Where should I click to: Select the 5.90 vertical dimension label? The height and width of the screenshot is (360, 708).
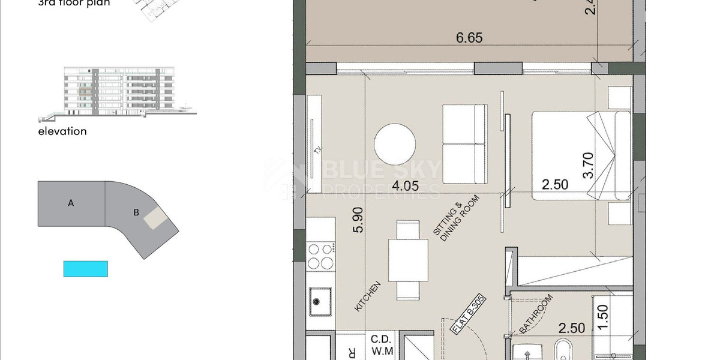pyautogui.click(x=358, y=221)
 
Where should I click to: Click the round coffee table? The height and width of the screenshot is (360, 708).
pyautogui.click(x=395, y=145)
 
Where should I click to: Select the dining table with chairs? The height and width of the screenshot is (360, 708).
pyautogui.click(x=408, y=260)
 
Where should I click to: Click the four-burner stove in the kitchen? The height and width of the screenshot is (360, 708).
pyautogui.click(x=321, y=256)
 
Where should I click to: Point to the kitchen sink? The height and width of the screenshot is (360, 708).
pyautogui.click(x=321, y=301)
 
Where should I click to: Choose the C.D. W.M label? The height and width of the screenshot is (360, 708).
pyautogui.click(x=381, y=344)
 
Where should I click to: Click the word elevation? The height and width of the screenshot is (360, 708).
pyautogui.click(x=62, y=131)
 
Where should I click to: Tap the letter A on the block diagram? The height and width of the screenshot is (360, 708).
pyautogui.click(x=71, y=203)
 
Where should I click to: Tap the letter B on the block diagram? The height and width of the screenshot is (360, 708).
pyautogui.click(x=136, y=212)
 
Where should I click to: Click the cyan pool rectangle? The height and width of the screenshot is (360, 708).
pyautogui.click(x=86, y=268)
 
